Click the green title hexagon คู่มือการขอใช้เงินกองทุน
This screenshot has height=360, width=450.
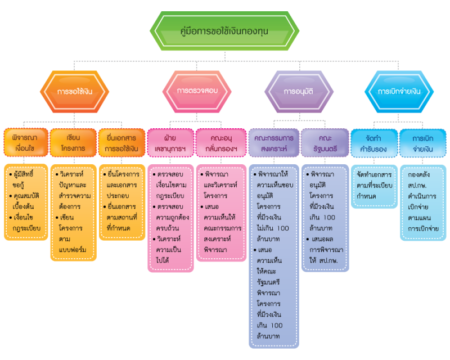pos(225,31)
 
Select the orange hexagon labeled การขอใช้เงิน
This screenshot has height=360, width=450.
pos(75,92)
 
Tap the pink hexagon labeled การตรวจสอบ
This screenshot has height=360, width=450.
pos(197,92)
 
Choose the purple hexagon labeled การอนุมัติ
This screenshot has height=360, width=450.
pos(299,92)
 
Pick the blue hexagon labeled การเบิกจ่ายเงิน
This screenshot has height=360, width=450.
pos(399,92)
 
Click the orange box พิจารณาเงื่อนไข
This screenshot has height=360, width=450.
pos(26,143)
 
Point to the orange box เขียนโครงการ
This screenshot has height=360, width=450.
pos(73,143)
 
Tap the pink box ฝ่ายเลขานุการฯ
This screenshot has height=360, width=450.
pos(170,143)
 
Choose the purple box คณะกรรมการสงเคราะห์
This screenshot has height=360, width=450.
pos(274,143)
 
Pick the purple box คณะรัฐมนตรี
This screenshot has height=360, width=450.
pos(325,143)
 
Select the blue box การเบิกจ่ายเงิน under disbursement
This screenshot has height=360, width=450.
pos(423,143)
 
